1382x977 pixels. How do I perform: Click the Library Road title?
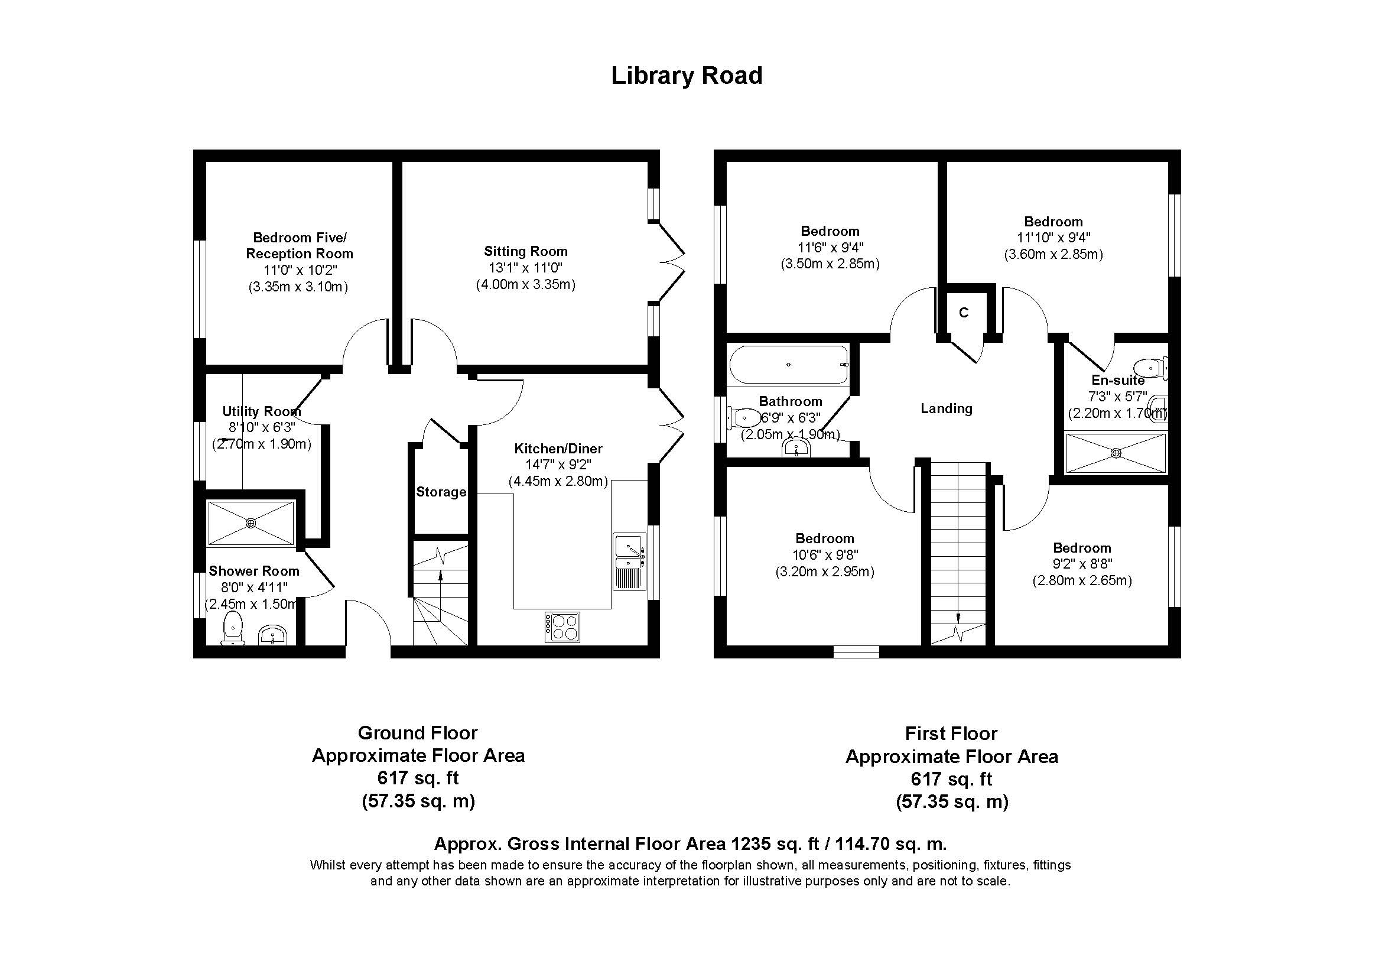click(x=687, y=76)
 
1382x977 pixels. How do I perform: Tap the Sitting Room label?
click(x=525, y=251)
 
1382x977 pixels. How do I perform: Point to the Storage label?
click(x=441, y=492)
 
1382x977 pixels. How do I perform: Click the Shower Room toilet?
click(x=232, y=628)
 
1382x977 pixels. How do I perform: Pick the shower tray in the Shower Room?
click(x=251, y=523)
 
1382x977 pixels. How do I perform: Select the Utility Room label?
click(x=261, y=412)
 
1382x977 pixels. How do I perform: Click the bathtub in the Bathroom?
click(x=789, y=364)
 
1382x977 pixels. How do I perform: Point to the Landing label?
click(x=946, y=409)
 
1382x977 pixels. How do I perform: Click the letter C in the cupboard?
click(x=964, y=313)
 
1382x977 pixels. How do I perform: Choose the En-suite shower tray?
click(x=1116, y=453)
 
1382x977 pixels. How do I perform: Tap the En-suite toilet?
click(x=1150, y=367)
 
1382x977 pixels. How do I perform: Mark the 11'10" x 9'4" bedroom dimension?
click(x=1053, y=238)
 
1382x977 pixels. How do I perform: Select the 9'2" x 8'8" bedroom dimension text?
click(x=1082, y=564)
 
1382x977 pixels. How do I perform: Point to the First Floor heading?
click(x=951, y=734)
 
